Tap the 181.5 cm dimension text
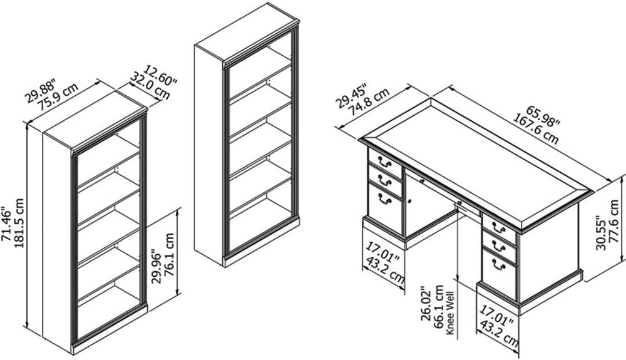coord(19,223)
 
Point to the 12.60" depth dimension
coord(160,75)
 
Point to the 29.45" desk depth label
coord(351,96)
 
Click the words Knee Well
coord(450,313)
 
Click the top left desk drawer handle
coord(384,161)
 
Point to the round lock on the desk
coord(410,202)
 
